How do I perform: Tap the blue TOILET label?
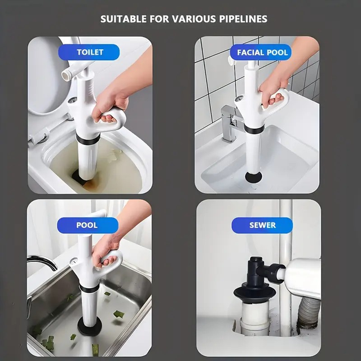pos(90,52)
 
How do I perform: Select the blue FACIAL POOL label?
pos(262,52)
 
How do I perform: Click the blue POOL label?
pos(87,225)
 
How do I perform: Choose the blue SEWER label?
pos(262,225)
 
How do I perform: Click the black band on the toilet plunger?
pos(88,139)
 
